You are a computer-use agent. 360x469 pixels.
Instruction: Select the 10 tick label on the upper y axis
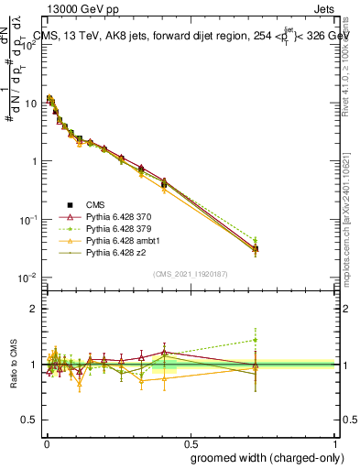(x=32, y=103)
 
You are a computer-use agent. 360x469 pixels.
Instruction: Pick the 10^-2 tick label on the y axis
(x=29, y=278)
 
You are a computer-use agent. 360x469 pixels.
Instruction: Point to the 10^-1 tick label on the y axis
(x=29, y=220)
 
